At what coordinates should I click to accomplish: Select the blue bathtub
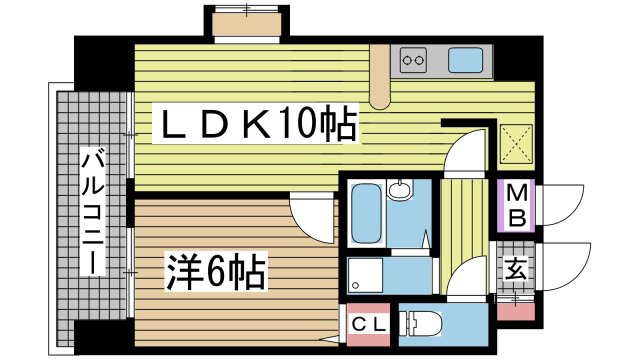click(x=365, y=213)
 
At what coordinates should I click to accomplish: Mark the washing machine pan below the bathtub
click(x=365, y=273)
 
